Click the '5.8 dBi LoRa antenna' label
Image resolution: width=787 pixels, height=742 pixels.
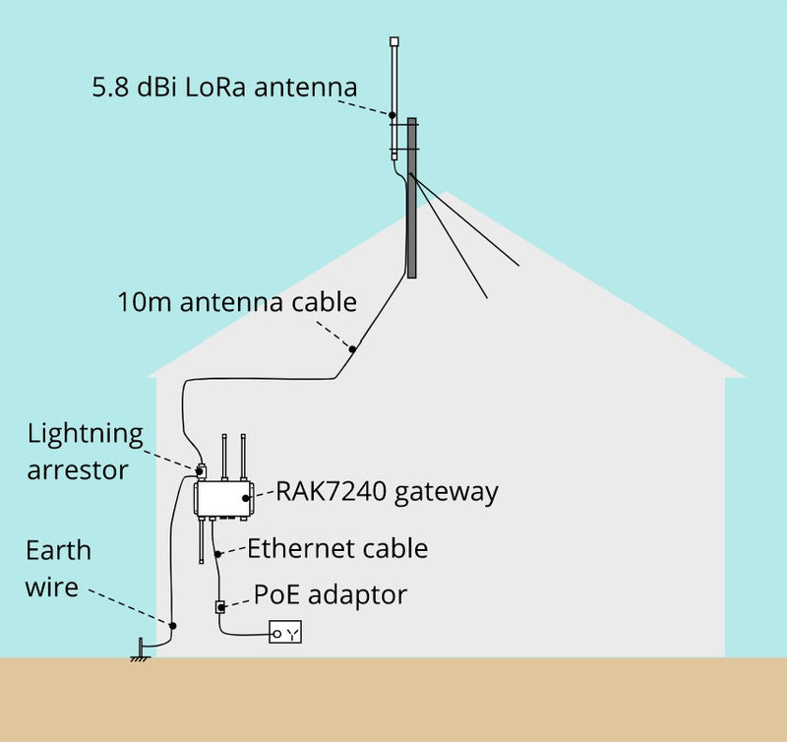tap(223, 87)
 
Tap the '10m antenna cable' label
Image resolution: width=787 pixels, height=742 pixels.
tap(236, 301)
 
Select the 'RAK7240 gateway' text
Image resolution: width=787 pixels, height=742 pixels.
tap(387, 490)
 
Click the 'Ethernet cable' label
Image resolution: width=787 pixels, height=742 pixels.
tap(337, 547)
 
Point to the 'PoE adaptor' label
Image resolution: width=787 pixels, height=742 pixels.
tap(330, 594)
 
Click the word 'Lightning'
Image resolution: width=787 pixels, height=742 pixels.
tap(85, 434)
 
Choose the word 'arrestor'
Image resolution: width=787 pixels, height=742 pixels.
tap(78, 469)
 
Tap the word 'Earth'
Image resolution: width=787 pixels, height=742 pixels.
tap(58, 550)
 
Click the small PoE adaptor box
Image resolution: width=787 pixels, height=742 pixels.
tap(220, 607)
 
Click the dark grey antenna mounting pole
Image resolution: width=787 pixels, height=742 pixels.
tap(412, 197)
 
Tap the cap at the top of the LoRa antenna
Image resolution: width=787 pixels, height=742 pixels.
tap(394, 42)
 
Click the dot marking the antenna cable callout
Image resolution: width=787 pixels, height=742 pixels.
tap(351, 348)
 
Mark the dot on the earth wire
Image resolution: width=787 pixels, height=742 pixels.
tap(172, 625)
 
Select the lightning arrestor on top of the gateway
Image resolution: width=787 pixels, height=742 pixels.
tap(201, 470)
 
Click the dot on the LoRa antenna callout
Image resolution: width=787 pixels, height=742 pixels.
tap(392, 115)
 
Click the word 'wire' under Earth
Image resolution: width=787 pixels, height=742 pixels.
tap(52, 587)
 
